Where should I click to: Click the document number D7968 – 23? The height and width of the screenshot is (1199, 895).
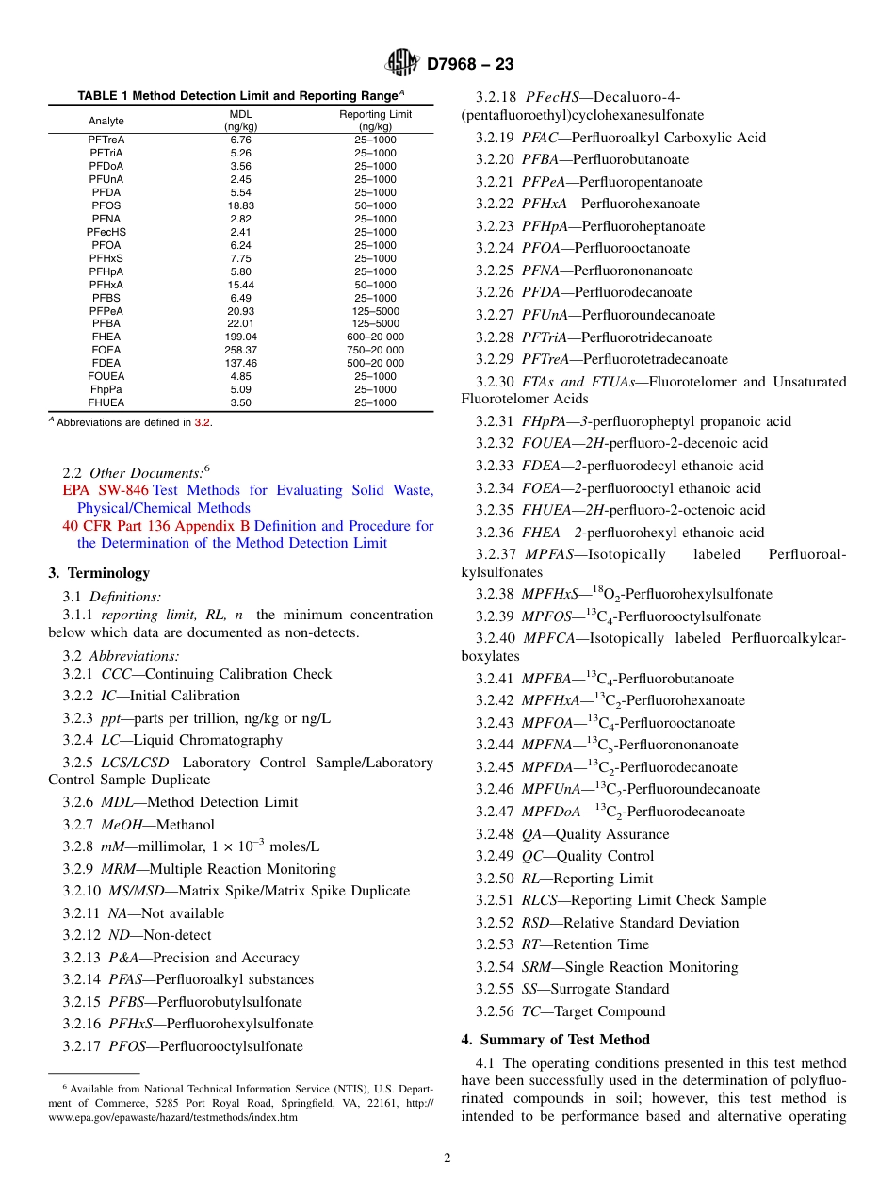tap(470, 65)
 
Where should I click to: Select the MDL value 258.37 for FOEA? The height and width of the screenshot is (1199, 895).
tap(240, 350)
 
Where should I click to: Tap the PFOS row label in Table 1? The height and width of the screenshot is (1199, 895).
tap(106, 205)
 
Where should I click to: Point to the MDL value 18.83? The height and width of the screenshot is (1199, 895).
tap(240, 205)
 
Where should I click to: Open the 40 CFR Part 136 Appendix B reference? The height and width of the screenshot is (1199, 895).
tap(156, 526)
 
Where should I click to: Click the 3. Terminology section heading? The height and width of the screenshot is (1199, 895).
tap(99, 573)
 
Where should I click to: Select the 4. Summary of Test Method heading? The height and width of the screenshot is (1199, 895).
tap(555, 1040)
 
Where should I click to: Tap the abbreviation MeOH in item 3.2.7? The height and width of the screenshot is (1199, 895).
tap(121, 825)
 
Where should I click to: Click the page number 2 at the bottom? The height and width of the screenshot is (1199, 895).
tap(447, 1158)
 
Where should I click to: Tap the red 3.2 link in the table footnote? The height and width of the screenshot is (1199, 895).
tap(202, 422)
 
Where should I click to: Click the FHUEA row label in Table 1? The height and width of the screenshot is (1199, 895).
tap(106, 402)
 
